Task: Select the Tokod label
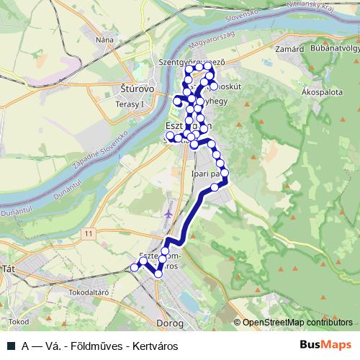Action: point(19,321)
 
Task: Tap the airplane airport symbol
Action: point(168,214)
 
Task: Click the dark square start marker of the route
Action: point(133,268)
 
